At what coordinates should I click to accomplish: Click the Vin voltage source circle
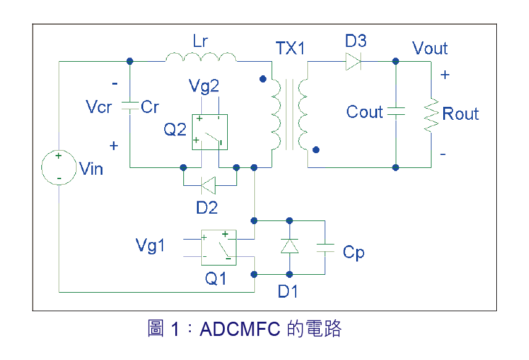coord(59,167)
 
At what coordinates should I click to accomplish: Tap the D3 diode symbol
coord(354,61)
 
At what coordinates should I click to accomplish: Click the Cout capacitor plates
coord(395,112)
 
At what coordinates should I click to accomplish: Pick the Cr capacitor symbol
coord(130,106)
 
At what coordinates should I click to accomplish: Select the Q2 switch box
coord(209,132)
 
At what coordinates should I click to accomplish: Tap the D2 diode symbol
coord(208,184)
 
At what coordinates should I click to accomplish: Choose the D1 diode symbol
coord(289,246)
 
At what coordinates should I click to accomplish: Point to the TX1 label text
coord(290,48)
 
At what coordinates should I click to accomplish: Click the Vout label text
coord(430,48)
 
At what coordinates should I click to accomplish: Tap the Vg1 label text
coord(151,246)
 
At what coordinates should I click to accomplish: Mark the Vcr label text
coord(99,107)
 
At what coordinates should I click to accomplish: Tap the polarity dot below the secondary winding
coord(316,149)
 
